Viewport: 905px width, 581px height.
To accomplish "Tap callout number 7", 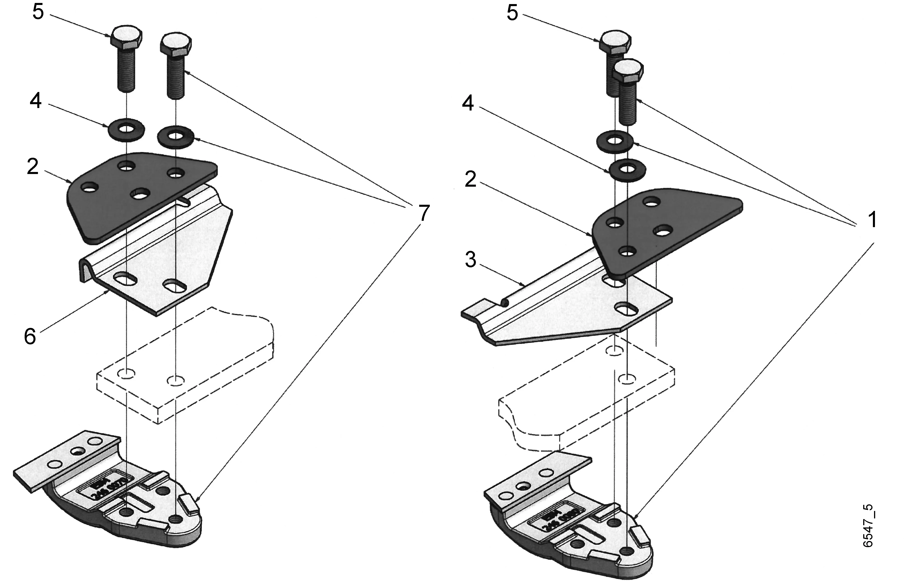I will point(424,213).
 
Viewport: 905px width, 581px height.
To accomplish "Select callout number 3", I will point(470,260).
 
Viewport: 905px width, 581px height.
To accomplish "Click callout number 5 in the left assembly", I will point(38,12).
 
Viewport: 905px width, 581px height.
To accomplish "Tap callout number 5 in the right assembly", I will point(512,13).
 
